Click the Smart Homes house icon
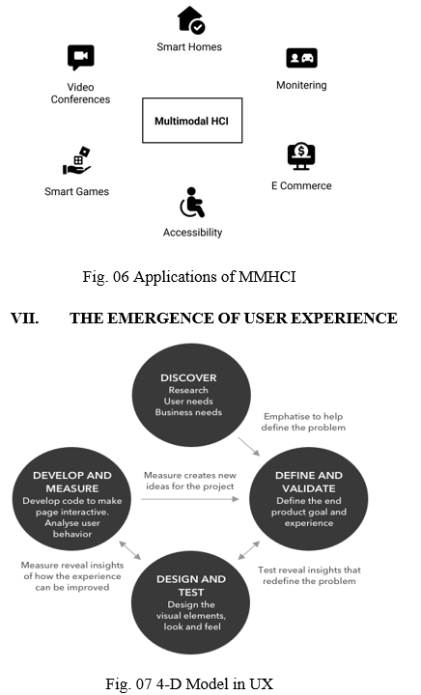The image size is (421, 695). point(191,19)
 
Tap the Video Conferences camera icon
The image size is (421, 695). point(81,57)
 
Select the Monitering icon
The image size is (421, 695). point(302,58)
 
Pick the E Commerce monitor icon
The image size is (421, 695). point(301,156)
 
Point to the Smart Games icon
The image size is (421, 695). point(77,160)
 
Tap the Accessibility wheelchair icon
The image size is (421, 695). point(192,202)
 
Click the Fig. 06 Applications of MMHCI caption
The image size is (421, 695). point(189,277)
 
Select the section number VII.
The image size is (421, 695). point(24,319)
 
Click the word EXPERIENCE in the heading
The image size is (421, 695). point(345,319)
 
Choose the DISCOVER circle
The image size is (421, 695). point(191,395)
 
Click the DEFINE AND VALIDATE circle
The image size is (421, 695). point(309,499)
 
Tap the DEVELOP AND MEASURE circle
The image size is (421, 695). point(71,499)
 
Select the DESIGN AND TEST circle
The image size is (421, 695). point(191,602)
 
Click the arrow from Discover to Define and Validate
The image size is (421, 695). point(249,446)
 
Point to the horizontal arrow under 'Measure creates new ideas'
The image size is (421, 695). point(190,499)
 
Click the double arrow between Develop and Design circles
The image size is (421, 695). point(130,550)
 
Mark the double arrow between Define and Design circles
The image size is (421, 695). point(249,550)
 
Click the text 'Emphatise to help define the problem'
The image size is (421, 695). point(303,422)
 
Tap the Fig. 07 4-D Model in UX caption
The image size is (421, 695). point(189,683)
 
